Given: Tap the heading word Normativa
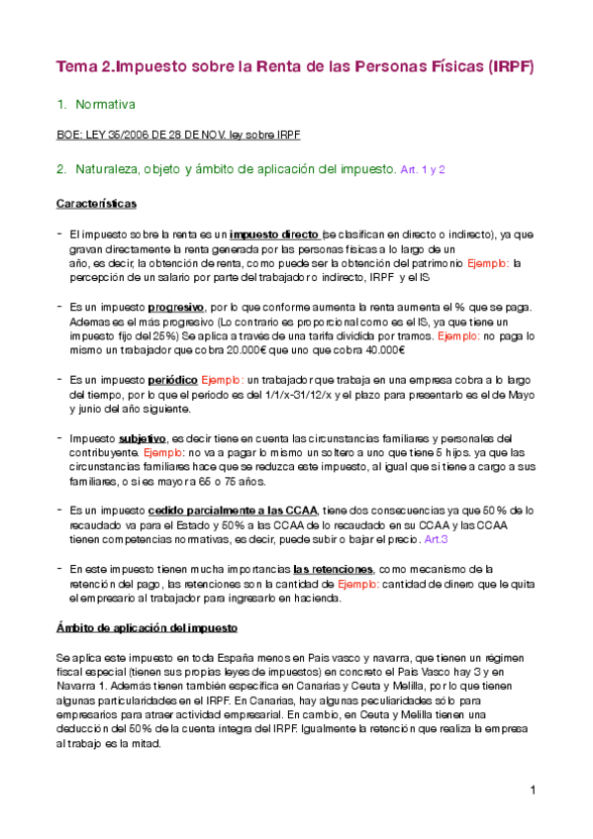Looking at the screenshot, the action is (105, 104).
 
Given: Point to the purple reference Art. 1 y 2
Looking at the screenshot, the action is (423, 169).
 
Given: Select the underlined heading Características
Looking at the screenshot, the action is (96, 203).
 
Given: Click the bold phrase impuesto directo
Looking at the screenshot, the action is (274, 235).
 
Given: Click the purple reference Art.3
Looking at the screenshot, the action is (436, 539).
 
